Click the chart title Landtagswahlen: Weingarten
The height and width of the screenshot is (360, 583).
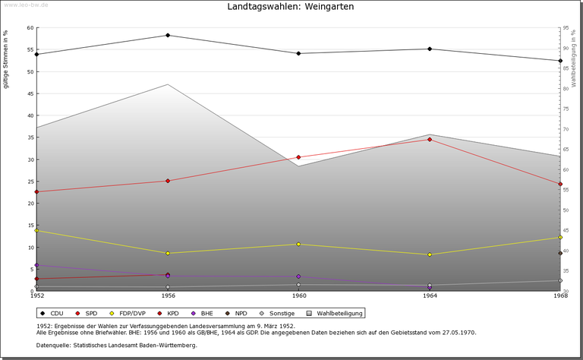(x=291, y=7)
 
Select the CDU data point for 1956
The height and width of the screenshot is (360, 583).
(x=168, y=36)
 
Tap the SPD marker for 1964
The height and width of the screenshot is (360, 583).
(x=430, y=140)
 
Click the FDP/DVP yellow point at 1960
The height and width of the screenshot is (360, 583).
(x=298, y=245)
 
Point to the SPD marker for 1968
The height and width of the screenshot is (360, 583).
(x=560, y=184)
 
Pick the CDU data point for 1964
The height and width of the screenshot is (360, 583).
(x=430, y=49)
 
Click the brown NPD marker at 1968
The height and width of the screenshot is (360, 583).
(x=560, y=254)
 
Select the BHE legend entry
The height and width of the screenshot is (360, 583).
(x=202, y=313)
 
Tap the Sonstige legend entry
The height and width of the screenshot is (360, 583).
(x=279, y=313)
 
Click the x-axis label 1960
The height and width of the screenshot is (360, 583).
(x=298, y=295)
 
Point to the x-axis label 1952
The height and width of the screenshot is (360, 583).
(x=36, y=295)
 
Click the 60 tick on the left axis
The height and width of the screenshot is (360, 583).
(x=30, y=28)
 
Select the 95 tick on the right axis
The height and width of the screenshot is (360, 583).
(x=566, y=28)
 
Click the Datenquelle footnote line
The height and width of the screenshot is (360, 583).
(x=116, y=346)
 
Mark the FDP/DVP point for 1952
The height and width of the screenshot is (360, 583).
(x=36, y=231)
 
